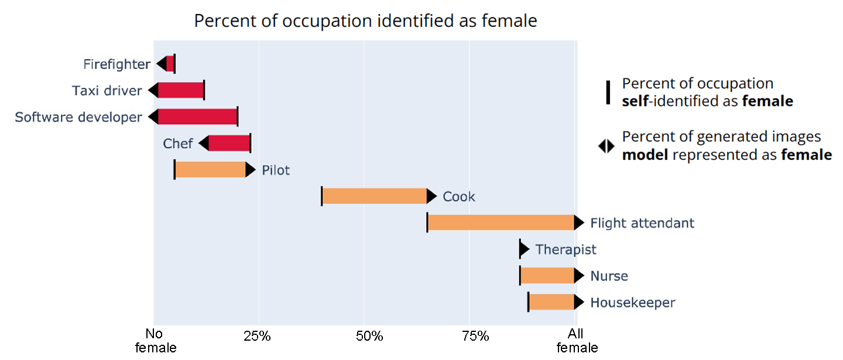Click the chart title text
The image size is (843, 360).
coord(365,21)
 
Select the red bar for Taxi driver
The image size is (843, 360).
coord(181,91)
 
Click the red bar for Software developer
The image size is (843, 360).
coord(198,117)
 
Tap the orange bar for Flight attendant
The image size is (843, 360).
coord(501,223)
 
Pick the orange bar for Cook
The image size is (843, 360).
coord(375,197)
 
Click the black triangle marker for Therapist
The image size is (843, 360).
coord(524,249)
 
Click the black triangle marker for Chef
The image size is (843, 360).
coord(204,143)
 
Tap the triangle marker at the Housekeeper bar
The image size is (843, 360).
coord(578,303)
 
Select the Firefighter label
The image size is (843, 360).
coord(116,64)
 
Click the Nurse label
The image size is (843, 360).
coord(609,276)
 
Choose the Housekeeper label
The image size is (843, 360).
coord(632,303)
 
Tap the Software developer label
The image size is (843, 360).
coord(78,117)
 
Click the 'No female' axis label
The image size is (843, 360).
coord(156,341)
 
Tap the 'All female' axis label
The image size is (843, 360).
coord(577,341)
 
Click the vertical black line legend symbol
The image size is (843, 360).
coord(608,92)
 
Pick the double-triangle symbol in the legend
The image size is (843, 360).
coord(606,146)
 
